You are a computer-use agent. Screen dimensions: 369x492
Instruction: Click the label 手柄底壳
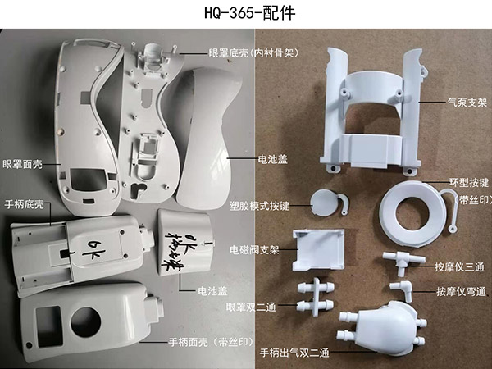pos(25,204)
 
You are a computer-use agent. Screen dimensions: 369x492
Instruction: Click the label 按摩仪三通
pos(460,265)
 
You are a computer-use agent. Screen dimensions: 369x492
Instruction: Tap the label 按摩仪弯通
pos(460,291)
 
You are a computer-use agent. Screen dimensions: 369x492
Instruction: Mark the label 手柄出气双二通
pos(287,352)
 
